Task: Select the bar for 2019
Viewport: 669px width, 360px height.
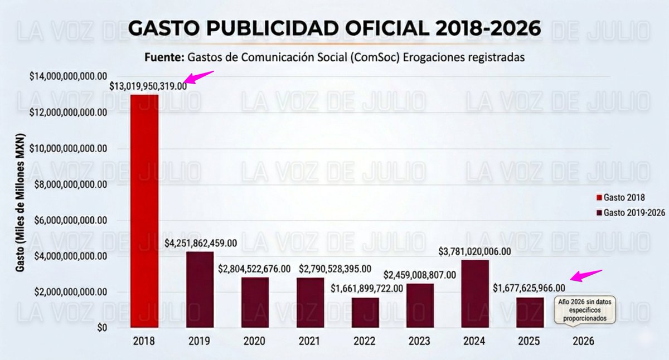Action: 200,290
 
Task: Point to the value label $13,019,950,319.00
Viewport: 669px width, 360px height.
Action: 148,86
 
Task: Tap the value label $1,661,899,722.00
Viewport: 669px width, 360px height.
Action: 366,289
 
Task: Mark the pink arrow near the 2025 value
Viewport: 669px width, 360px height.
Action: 586,275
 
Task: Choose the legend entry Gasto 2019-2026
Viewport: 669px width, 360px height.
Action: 626,212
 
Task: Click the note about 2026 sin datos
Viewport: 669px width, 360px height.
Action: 583,310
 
